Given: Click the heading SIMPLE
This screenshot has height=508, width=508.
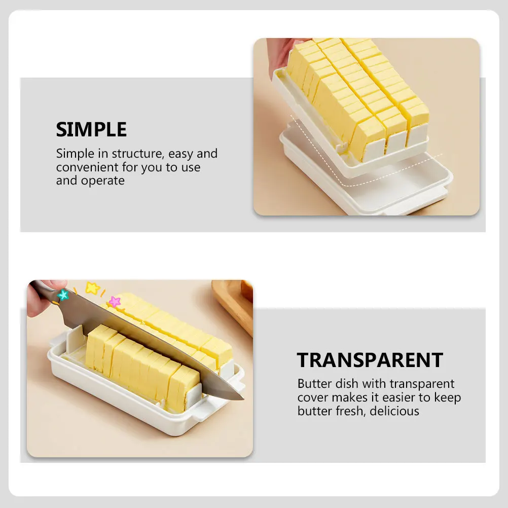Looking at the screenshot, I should [x=91, y=130].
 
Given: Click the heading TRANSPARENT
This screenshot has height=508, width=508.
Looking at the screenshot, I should [x=370, y=360].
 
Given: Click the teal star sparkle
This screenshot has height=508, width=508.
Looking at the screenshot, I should [x=63, y=295].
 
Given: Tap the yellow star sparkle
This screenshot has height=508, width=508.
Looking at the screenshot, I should [x=92, y=288].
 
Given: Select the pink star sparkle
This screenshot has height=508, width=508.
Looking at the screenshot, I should [x=115, y=302].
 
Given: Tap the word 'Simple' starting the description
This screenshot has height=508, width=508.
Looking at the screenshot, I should [x=74, y=154].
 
